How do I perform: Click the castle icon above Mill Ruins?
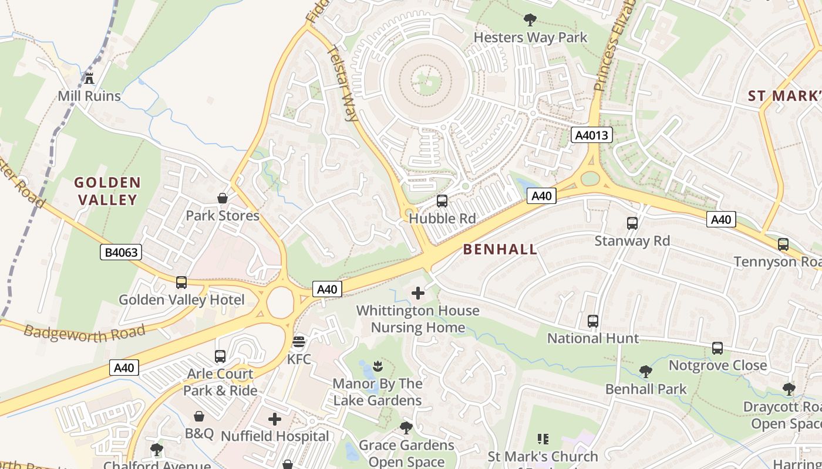[89, 78]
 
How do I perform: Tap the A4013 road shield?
[592, 135]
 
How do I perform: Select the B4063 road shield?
[120, 253]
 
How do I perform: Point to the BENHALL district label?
[500, 249]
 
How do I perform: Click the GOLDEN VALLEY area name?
[107, 191]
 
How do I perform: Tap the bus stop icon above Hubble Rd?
[442, 201]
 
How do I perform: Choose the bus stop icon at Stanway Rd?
[632, 223]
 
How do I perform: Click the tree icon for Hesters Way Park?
[530, 20]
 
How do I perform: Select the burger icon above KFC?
[299, 341]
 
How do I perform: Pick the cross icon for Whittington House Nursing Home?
[418, 293]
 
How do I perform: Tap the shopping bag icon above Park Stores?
[223, 198]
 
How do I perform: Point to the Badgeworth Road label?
[85, 333]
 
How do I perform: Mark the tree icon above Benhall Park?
[645, 371]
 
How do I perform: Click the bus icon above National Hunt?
[592, 321]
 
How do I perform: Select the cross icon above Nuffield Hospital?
[275, 419]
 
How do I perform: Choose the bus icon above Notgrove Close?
[717, 348]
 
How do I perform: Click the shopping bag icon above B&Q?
[199, 416]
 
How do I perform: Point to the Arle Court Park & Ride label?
[220, 382]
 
